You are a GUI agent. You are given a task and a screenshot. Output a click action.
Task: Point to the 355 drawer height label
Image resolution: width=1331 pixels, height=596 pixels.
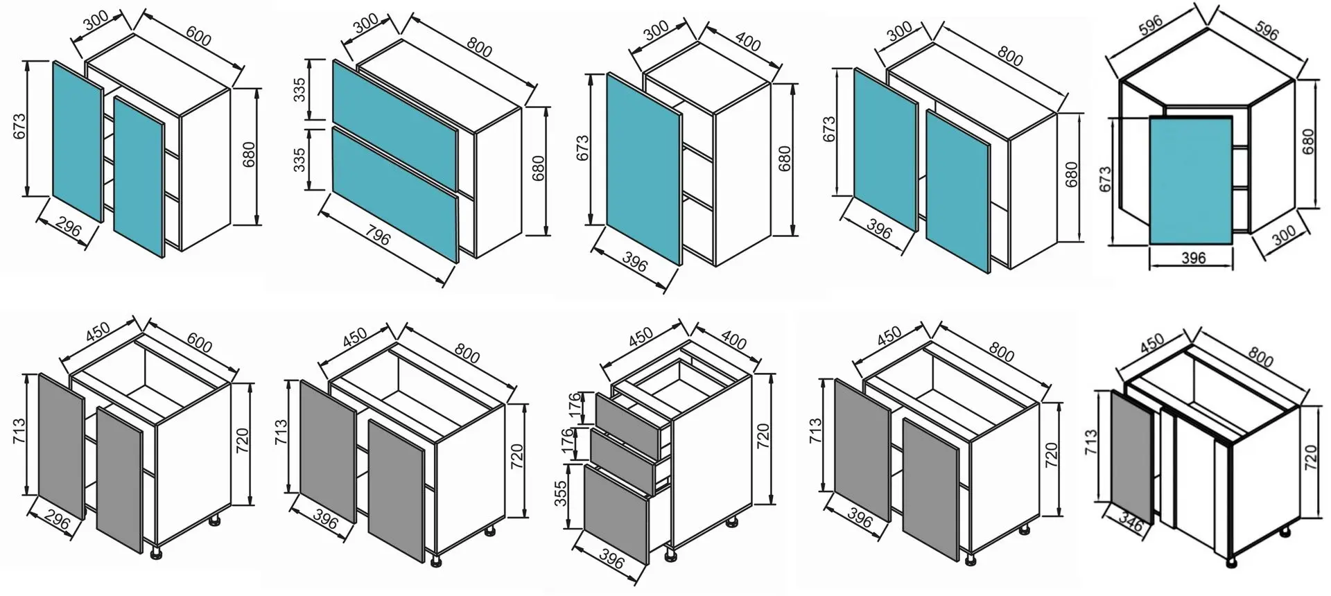562,493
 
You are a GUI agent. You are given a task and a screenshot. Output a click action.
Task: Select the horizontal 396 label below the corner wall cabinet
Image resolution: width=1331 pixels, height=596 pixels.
1193,258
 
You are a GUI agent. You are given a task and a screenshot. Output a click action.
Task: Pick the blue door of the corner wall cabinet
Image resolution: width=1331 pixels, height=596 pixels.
1190,180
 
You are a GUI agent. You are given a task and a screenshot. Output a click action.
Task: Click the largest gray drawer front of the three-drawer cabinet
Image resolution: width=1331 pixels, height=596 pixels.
616,514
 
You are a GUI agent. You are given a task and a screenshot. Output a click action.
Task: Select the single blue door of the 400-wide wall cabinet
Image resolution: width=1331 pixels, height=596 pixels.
643,168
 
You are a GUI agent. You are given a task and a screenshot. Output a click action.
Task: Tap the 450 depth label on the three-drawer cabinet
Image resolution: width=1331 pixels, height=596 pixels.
641,337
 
